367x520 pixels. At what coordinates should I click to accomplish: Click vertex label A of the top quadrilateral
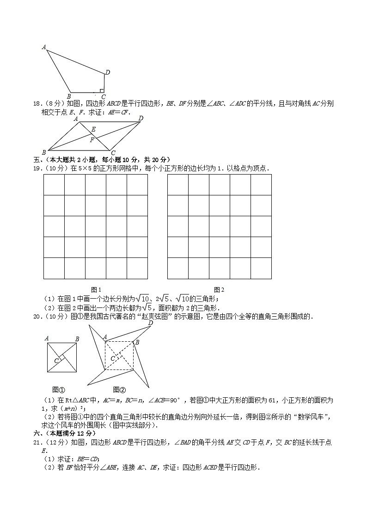click(x=44, y=47)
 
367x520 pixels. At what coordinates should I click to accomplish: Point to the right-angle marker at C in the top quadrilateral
click(x=102, y=91)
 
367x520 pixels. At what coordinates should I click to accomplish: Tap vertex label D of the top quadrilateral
click(x=107, y=72)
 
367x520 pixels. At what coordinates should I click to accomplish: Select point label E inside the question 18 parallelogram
click(x=93, y=129)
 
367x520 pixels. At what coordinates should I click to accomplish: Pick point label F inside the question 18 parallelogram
click(x=92, y=139)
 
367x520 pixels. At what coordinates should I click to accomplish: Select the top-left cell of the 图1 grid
click(x=54, y=185)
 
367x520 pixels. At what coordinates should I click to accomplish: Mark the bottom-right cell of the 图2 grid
click(x=261, y=269)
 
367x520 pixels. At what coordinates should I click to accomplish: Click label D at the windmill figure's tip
click(x=150, y=323)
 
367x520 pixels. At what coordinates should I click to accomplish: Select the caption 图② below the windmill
click(x=119, y=389)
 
